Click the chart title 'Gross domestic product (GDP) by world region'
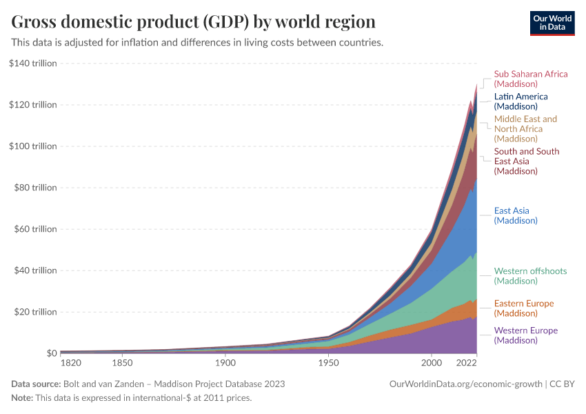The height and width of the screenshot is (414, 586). coord(194,21)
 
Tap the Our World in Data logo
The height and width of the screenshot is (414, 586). coord(552,22)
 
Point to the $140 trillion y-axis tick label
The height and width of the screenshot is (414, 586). coord(33,63)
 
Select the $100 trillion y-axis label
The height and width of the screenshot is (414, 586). coord(33,146)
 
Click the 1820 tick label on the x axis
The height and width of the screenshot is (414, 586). coord(71,362)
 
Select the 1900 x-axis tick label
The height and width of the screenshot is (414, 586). coord(225,362)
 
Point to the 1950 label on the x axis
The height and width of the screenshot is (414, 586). coord(328,362)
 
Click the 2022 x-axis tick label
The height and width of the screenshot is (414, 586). coord(467,362)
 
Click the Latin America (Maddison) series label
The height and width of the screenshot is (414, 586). coord(521,101)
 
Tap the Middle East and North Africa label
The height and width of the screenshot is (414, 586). coord(525,129)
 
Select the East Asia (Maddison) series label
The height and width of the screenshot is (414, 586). coord(516,215)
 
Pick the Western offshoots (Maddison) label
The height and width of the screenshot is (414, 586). coord(530,275)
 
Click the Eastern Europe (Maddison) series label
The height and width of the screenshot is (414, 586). coord(523,308)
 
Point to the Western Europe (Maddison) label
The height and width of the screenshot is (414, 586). coord(525,335)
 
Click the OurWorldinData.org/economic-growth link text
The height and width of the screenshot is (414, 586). coord(466,384)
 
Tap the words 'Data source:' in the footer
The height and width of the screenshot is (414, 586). coord(36,384)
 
